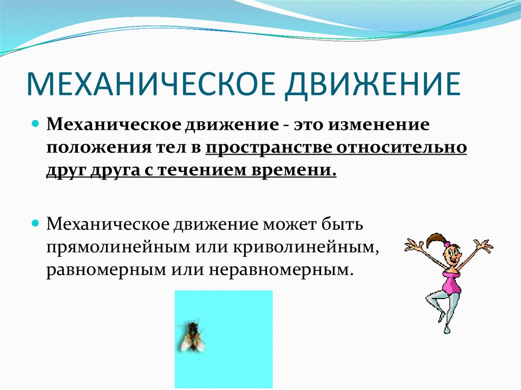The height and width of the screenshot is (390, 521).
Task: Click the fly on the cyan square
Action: coord(192,336)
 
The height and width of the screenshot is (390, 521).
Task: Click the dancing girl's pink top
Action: coord(451,281)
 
